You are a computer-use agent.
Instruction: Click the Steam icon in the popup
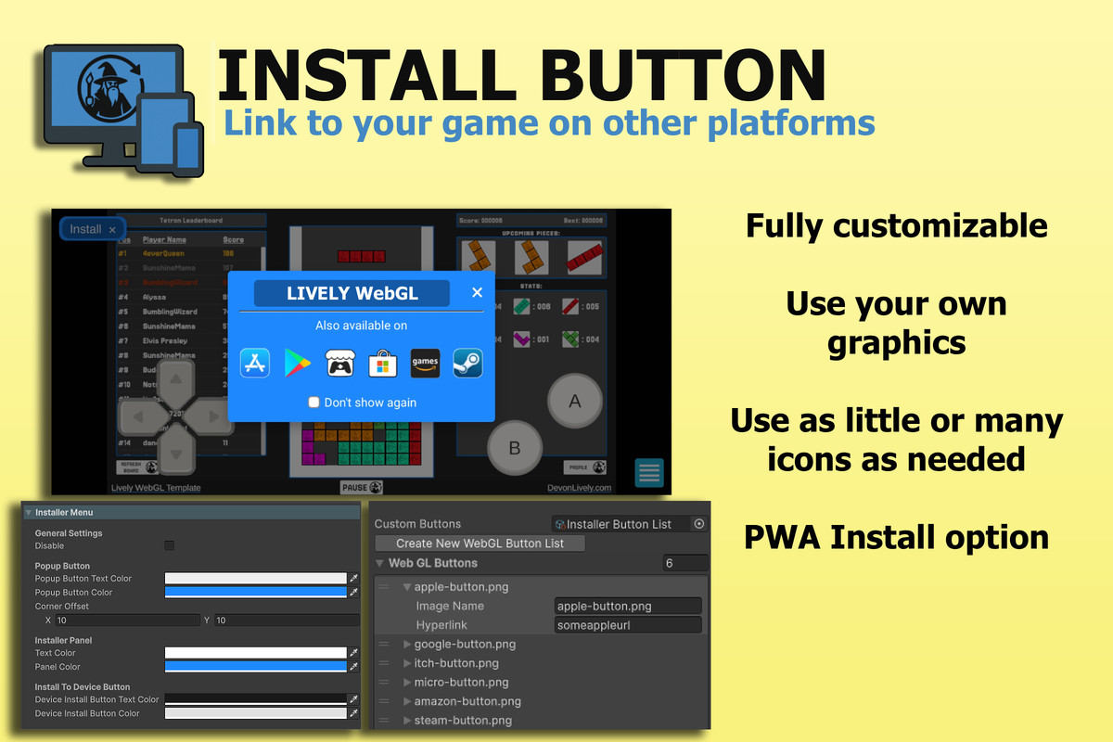pos(467,363)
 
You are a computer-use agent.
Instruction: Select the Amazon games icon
pos(425,363)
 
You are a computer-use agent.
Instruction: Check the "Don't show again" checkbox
pos(314,403)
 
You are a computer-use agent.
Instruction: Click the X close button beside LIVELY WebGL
pos(477,293)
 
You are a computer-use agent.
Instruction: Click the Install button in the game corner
pos(92,229)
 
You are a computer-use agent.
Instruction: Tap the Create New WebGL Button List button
pos(480,544)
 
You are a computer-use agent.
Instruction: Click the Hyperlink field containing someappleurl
pos(627,625)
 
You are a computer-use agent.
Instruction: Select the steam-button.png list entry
pos(463,721)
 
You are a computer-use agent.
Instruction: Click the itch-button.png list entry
pos(456,663)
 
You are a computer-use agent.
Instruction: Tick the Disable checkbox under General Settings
pos(169,546)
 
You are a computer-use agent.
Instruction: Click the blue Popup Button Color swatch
pos(255,592)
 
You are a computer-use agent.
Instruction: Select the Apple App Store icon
pos(255,363)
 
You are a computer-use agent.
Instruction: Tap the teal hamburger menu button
pos(649,473)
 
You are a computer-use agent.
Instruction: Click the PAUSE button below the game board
pos(362,487)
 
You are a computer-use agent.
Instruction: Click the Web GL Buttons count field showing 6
pos(684,563)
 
